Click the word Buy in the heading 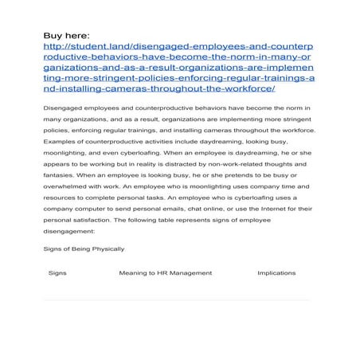pos(53,34)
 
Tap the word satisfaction pos(87,221)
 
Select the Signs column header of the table pos(57,273)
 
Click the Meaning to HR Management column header pos(166,273)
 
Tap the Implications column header pos(276,273)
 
